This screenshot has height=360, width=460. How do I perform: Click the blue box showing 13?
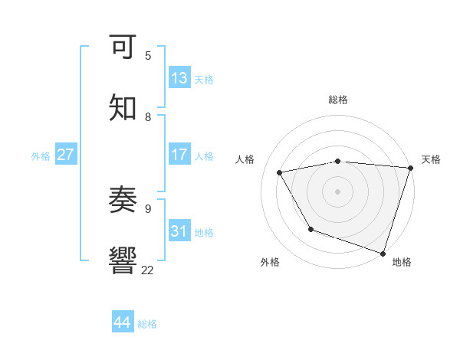pos(179,78)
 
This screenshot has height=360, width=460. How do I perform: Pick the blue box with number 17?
pos(179,155)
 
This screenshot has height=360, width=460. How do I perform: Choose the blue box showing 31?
pos(179,231)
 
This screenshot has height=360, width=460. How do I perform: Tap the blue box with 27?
pos(66,155)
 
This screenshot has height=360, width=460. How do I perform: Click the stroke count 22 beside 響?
pos(148,270)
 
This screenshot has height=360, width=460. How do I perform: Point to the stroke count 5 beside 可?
pos(148,56)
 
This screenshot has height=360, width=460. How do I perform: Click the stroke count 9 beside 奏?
pos(148,207)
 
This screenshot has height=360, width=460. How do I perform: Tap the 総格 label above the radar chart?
pos(338,100)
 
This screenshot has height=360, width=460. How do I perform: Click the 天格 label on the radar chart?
pos(431,159)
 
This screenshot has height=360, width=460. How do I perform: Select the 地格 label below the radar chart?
pos(402,263)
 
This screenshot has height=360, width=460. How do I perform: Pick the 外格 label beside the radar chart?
pos(270,263)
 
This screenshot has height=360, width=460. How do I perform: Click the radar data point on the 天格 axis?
pos(410,168)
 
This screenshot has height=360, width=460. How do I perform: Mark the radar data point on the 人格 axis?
pos(280,173)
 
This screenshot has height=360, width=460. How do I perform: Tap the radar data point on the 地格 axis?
pos(383,252)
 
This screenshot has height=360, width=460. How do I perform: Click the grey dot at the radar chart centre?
pos(338,191)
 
